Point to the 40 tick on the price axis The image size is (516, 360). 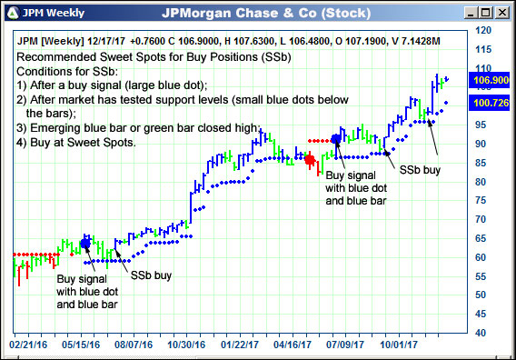coord(483,332)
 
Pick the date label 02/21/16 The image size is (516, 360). coord(31,345)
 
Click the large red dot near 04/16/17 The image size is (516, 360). coord(310,160)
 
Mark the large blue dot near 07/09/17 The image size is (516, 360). coord(336,139)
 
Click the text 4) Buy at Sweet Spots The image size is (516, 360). coord(75,143)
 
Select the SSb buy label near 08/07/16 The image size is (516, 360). coord(151,275)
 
